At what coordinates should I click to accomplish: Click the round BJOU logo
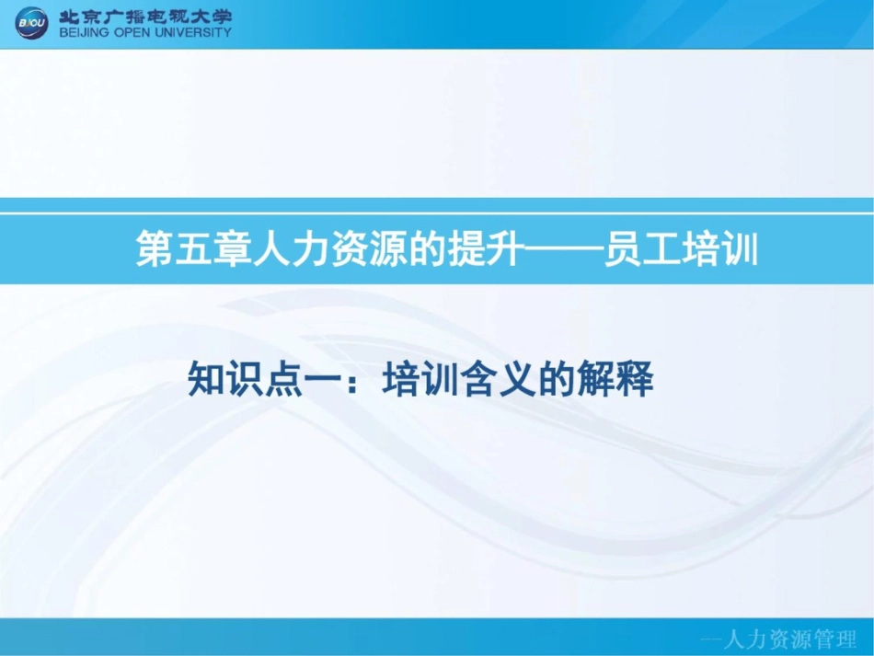point(32,23)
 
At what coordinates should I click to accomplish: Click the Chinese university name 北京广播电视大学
point(145,17)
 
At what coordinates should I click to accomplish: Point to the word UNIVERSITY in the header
point(193,32)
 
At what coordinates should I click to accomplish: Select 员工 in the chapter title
point(641,248)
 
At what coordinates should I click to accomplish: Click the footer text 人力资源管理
point(788,639)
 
